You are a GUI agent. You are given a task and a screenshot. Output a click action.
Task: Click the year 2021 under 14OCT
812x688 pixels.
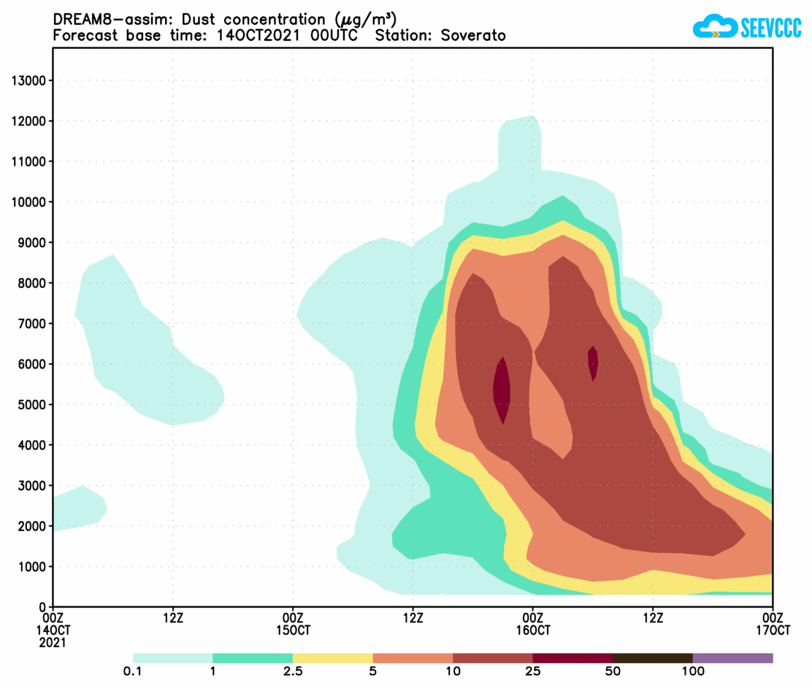click(x=53, y=643)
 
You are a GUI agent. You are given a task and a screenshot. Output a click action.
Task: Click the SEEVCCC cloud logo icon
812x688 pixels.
click(x=714, y=28)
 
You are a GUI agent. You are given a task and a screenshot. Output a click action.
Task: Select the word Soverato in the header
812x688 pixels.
click(x=473, y=36)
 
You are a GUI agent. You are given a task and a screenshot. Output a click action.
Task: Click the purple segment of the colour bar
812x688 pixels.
click(x=732, y=657)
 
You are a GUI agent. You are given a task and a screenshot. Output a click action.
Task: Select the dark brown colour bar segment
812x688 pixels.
click(x=652, y=657)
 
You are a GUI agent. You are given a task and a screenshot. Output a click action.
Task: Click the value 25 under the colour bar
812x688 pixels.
click(x=533, y=671)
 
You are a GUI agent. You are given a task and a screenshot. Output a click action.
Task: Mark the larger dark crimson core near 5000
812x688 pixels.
click(x=502, y=390)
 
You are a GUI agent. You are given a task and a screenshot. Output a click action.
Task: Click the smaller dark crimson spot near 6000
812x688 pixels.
click(x=593, y=363)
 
